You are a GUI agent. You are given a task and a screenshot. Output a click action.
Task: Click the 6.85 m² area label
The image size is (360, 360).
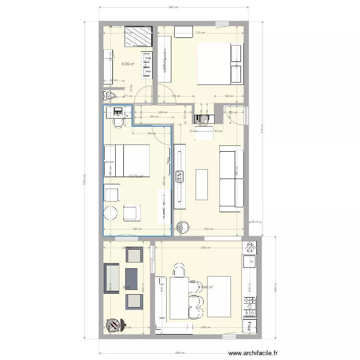click(128, 64)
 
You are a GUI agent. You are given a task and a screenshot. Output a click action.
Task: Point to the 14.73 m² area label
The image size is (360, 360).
click(136, 176)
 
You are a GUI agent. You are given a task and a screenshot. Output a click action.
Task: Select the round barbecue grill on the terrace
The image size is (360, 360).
click(113, 325)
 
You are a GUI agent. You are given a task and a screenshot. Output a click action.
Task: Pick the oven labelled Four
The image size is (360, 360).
click(249, 326)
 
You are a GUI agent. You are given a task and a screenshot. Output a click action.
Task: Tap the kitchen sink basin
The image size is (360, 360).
click(250, 262)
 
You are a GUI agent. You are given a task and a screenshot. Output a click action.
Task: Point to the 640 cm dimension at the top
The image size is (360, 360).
click(174, 7)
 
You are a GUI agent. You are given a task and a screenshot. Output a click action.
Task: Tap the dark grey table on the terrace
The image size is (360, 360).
click(132, 276)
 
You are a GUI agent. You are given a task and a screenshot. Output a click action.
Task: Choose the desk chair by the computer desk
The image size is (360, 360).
click(118, 122)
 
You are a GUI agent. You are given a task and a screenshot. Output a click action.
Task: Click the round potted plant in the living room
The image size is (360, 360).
click(183, 227)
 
